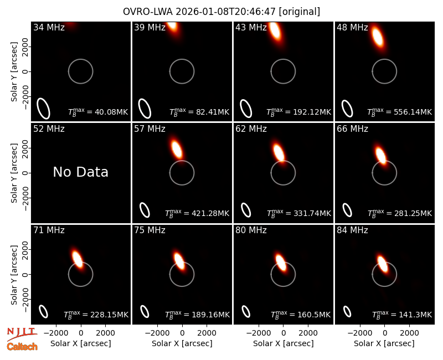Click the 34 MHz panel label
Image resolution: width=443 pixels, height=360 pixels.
click(x=49, y=27)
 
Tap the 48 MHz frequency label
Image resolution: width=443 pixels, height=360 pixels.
click(x=352, y=27)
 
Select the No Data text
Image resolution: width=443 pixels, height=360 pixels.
click(x=80, y=172)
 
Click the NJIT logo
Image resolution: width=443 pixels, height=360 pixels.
click(x=22, y=334)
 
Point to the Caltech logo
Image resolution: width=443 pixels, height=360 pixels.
click(x=22, y=347)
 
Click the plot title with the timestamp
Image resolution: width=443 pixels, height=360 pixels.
click(x=221, y=12)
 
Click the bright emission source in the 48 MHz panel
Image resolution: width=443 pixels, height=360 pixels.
click(x=378, y=37)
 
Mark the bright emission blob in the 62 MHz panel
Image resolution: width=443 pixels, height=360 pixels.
click(x=279, y=153)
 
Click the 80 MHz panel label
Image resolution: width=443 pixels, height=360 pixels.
click(x=251, y=230)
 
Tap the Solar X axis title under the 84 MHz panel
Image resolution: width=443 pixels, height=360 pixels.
click(x=384, y=343)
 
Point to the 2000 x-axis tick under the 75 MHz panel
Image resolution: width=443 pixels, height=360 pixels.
click(x=207, y=333)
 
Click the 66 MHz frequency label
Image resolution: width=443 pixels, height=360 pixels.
click(x=352, y=129)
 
